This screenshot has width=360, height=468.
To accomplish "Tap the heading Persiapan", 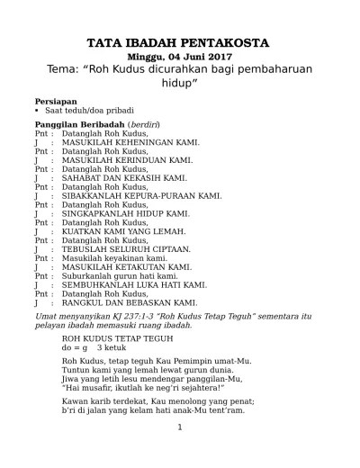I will click(55, 101).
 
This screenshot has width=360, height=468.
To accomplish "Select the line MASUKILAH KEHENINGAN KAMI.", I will click(129, 142).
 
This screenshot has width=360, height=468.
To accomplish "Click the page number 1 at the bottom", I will click(179, 452).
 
